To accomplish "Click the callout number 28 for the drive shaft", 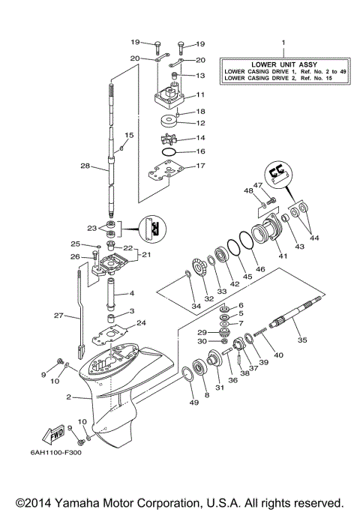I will tap(85, 166).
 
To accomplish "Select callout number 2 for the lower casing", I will tap(68, 397).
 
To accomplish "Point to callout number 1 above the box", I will tap(283, 43).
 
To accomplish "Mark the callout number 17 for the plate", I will tap(200, 166).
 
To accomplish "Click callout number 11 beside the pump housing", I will tap(200, 95).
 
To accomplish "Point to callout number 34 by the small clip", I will tap(196, 305).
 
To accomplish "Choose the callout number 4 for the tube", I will tap(131, 294).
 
